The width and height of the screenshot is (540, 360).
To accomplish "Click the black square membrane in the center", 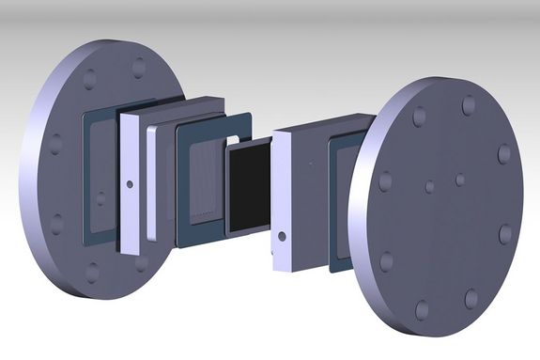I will tap(248, 188).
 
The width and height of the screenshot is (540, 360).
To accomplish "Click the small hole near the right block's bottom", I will tap(280, 235).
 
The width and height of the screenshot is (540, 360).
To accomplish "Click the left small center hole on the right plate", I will tap(429, 186).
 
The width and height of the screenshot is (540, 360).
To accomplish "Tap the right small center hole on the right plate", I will tap(460, 178).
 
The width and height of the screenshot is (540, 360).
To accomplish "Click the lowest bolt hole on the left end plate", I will tap(92, 274).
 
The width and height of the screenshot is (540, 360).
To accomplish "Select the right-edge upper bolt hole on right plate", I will tap(504, 153).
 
